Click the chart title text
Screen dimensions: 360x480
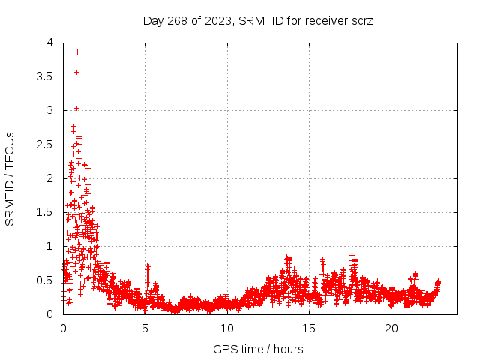tap(258, 20)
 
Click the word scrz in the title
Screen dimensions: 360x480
tap(361, 20)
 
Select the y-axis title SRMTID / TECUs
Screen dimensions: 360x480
tap(10, 178)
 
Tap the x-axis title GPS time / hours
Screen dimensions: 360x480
tap(258, 349)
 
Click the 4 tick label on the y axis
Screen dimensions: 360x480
tap(49, 43)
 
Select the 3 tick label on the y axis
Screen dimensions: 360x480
tap(49, 110)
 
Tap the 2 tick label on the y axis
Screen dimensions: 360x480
tap(49, 178)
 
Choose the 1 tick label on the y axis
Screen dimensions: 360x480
tap(49, 246)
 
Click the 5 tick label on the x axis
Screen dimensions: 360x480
tap(145, 328)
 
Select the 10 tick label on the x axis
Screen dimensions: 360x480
tap(227, 328)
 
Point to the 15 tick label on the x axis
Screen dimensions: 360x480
tap(310, 328)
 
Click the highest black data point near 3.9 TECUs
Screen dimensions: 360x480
tap(77, 52)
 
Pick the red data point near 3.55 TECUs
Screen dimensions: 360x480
tap(76, 72)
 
